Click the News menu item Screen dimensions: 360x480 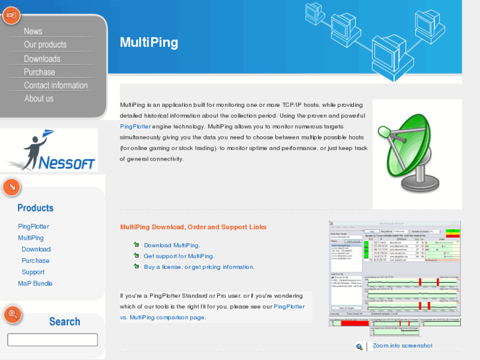pyautogui.click(x=33, y=31)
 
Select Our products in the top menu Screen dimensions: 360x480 pyautogui.click(x=45, y=44)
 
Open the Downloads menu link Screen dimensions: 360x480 pyautogui.click(x=42, y=59)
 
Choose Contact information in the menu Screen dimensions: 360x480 pyautogui.click(x=55, y=85)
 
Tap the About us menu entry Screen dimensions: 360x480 pyautogui.click(x=38, y=98)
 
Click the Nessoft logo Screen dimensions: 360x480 pyautogui.click(x=51, y=151)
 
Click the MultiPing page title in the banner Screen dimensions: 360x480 pyautogui.click(x=149, y=42)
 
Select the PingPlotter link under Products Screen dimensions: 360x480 pyautogui.click(x=33, y=227)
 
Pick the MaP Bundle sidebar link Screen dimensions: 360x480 pyautogui.click(x=35, y=283)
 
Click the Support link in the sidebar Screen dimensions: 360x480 pyautogui.click(x=33, y=272)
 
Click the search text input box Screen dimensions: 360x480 pyautogui.click(x=52, y=340)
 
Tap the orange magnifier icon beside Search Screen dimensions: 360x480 pyautogui.click(x=12, y=314)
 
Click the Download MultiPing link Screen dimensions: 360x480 pyautogui.click(x=172, y=245)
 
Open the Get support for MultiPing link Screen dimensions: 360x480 pyautogui.click(x=179, y=256)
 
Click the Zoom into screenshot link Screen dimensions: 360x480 pyautogui.click(x=402, y=345)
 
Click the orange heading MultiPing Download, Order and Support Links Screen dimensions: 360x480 pyautogui.click(x=193, y=227)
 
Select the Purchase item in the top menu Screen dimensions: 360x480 pyautogui.click(x=40, y=72)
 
